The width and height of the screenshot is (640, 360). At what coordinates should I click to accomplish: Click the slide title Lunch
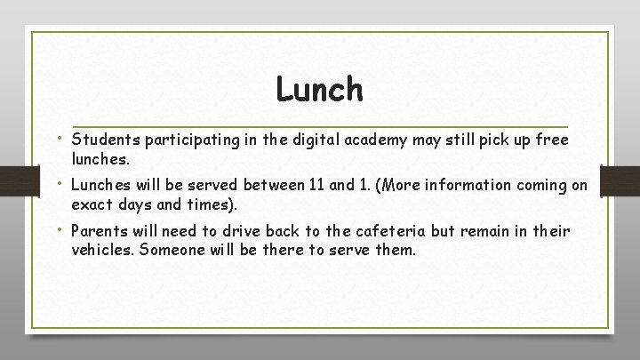[x=319, y=89]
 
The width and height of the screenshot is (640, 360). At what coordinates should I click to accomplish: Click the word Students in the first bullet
[x=104, y=140]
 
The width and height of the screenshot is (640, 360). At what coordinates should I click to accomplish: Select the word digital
[x=346, y=140]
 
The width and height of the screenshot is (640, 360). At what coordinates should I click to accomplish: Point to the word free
[x=550, y=140]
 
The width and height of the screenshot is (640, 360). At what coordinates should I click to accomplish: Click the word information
[x=452, y=186]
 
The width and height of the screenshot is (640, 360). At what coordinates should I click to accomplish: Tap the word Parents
[x=100, y=231]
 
